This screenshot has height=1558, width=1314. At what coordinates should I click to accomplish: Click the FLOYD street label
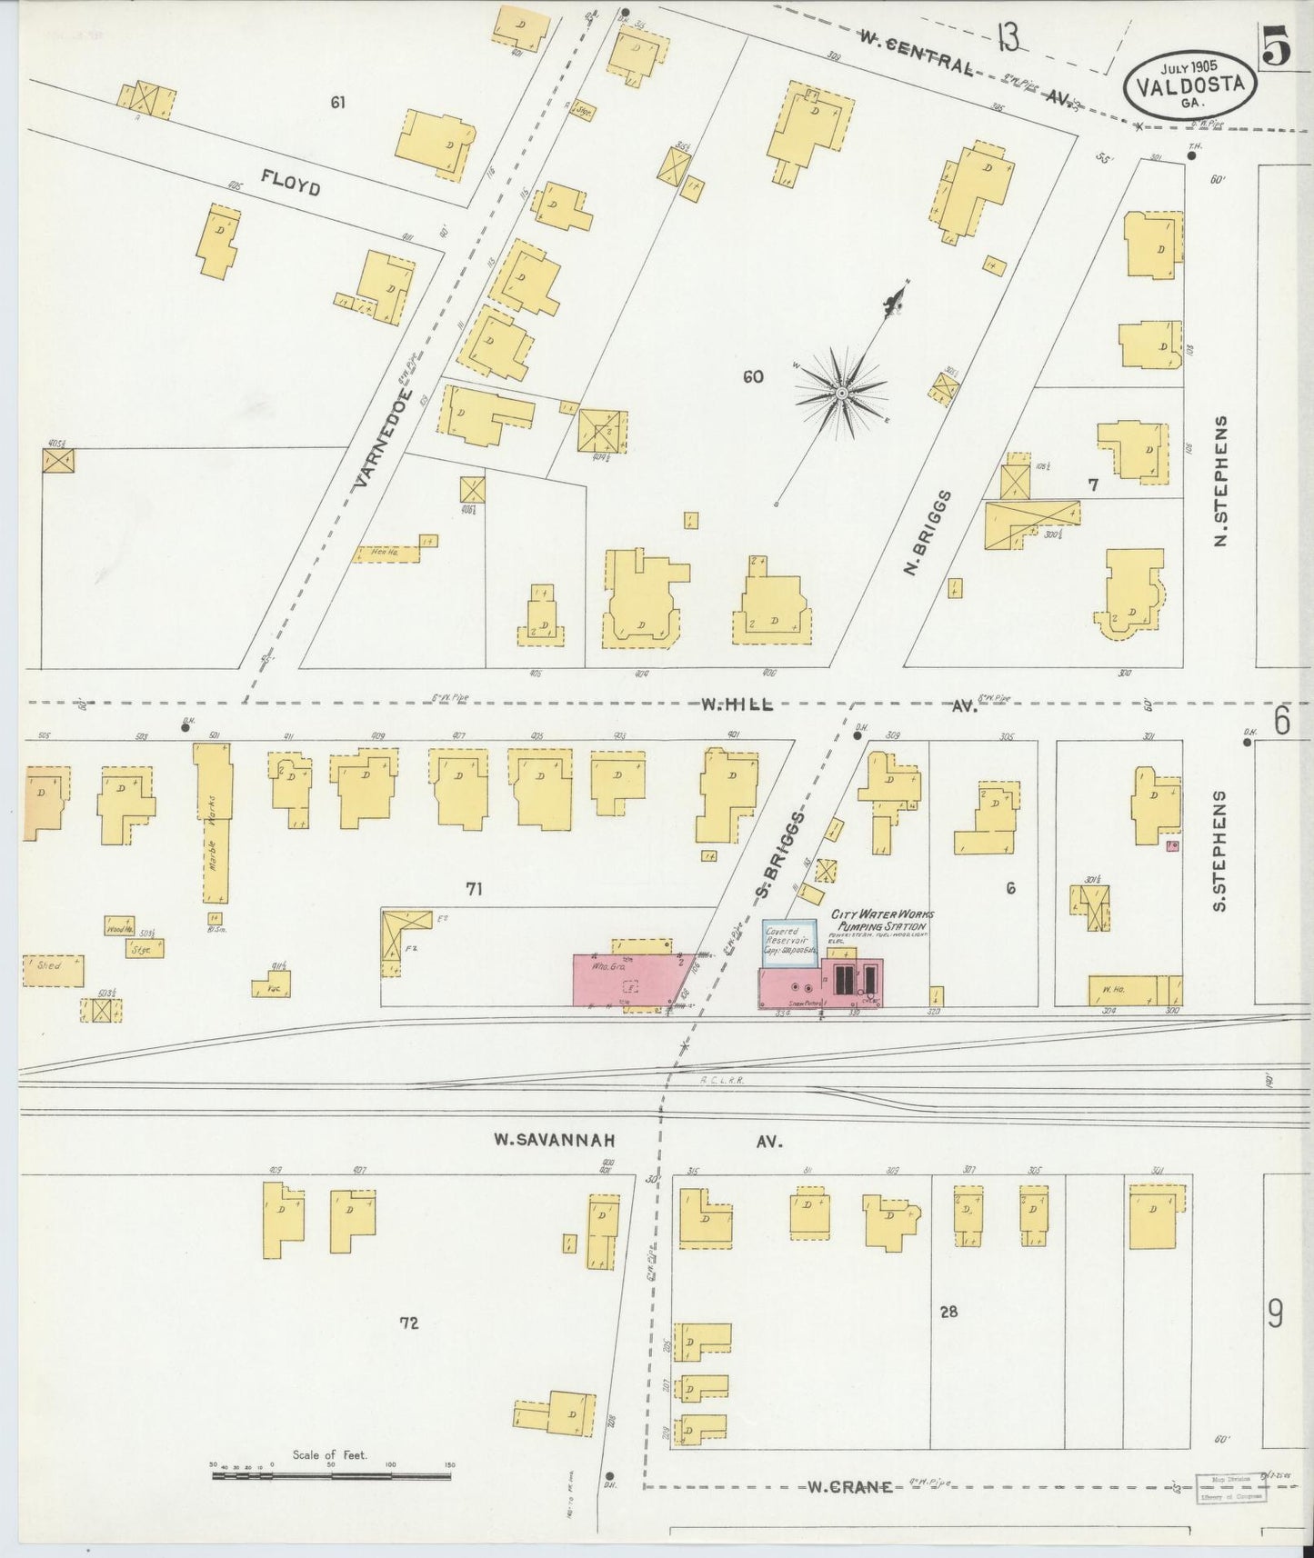pos(290,182)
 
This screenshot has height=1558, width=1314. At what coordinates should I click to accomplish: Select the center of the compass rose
pos(841,393)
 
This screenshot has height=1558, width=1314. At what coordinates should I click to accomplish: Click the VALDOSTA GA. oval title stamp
pos(1191,84)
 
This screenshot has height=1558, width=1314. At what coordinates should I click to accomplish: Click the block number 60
pos(753,376)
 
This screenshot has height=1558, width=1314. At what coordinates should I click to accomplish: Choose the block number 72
pos(409,1323)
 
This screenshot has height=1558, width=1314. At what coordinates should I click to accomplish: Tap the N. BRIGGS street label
pos(928,534)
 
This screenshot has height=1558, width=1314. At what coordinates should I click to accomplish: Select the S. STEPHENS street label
pos(1220,851)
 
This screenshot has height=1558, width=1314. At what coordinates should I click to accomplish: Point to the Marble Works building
pos(211,823)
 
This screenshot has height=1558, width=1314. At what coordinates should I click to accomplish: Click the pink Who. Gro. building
pos(627,980)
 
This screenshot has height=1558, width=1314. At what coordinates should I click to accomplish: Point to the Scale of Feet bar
pos(331,1476)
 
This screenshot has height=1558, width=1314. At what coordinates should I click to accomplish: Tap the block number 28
pos(949,1312)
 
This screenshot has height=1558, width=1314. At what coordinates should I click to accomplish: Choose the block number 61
pos(338,103)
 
